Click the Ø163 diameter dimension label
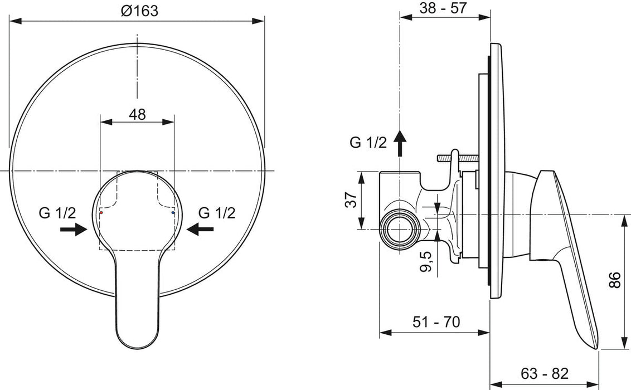(x=138, y=11)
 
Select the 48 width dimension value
(x=137, y=114)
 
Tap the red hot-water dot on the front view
(x=101, y=213)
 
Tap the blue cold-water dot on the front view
(x=173, y=213)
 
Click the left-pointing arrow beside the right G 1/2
(x=201, y=228)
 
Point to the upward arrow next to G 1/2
(x=400, y=143)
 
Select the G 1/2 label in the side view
(x=368, y=143)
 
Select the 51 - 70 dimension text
(x=436, y=322)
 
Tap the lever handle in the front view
(x=137, y=301)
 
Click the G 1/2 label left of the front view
(x=57, y=212)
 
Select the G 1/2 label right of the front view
(x=217, y=212)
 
